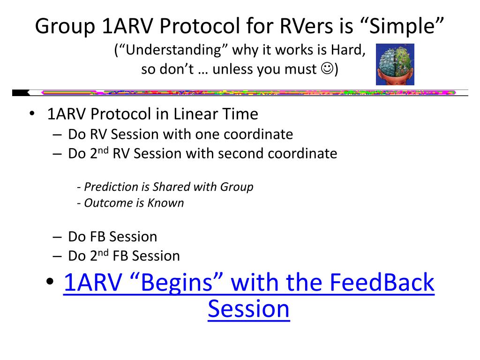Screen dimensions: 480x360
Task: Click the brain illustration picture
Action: tap(395, 64)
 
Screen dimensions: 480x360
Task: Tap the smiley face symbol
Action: tap(327, 68)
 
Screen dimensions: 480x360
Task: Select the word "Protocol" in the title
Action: tap(200, 26)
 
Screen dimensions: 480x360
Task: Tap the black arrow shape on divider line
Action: tap(21, 92)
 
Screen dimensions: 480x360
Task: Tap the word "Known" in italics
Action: tap(165, 203)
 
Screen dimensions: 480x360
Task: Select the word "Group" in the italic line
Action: tap(236, 187)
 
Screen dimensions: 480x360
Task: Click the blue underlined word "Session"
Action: tap(249, 309)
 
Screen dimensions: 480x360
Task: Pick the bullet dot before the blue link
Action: tap(50, 281)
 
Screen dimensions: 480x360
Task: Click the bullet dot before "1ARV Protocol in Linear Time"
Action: tap(32, 113)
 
